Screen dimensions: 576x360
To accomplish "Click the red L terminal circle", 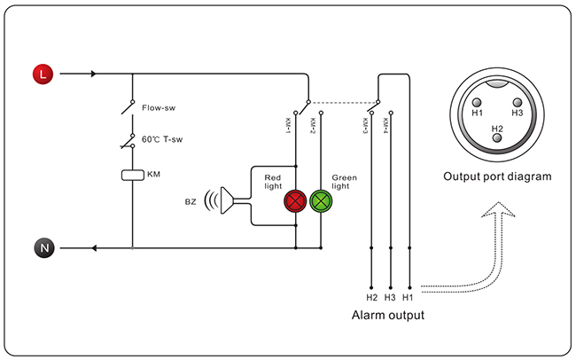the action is [43, 74].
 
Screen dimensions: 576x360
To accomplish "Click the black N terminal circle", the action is [44, 248].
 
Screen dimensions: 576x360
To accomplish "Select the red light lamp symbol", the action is [295, 201].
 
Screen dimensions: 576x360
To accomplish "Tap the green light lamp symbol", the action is [321, 201].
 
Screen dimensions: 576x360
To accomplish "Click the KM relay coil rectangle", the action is [133, 175].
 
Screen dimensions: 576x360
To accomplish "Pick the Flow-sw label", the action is [159, 108].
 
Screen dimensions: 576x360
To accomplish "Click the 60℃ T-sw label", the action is [162, 139].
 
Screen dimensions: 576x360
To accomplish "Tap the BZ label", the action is [191, 201].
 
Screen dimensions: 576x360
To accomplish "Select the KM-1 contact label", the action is [288, 125].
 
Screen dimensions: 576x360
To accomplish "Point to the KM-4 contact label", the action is [385, 125].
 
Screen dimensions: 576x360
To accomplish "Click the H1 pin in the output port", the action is [477, 103].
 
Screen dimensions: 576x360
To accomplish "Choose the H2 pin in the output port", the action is [496, 138].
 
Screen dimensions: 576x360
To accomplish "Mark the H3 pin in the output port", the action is [518, 103].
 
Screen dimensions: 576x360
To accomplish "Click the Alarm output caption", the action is [388, 315].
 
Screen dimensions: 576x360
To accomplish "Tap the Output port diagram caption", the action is [497, 176].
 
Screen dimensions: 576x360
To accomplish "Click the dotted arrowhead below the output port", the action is [498, 209].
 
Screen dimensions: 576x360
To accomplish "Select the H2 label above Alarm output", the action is [372, 297].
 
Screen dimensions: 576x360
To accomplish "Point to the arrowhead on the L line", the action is [93, 74].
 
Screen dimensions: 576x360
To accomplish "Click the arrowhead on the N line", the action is [94, 248].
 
